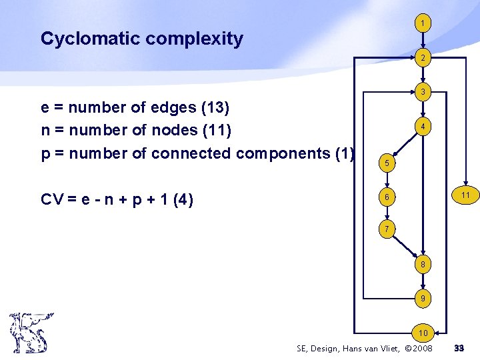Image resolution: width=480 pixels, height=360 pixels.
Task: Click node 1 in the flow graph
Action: [422, 23]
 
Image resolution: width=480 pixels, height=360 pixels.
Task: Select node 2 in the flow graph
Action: [422, 59]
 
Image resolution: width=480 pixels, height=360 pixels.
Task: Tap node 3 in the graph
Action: [422, 92]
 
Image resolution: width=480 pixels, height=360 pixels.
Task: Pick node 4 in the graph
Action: [422, 126]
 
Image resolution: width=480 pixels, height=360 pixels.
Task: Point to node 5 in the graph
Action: [386, 163]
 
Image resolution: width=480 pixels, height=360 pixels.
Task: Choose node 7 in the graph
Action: [386, 230]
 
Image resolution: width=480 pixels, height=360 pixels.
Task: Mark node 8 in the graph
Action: [422, 265]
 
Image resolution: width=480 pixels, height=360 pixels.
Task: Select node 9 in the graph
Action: [422, 299]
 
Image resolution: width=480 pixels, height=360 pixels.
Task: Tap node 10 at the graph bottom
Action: [422, 332]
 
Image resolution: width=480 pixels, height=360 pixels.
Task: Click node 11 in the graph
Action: [465, 195]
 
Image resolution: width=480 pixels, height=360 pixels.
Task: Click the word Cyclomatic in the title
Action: [90, 39]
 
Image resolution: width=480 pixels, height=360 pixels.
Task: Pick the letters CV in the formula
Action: [53, 199]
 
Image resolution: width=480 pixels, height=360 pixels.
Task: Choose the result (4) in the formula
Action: [182, 199]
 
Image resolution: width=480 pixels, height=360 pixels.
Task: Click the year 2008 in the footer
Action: [419, 349]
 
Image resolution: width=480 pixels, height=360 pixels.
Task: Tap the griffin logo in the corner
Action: [31, 333]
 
